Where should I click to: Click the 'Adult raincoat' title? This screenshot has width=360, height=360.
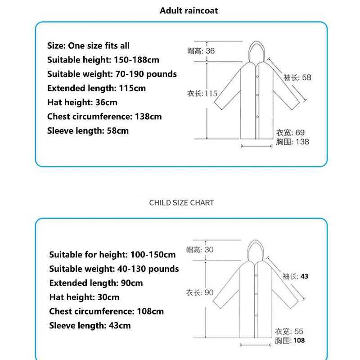189,10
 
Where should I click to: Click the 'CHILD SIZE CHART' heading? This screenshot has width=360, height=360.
181,202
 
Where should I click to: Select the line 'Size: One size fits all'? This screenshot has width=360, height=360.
88,45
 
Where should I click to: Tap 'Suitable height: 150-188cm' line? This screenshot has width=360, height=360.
103,59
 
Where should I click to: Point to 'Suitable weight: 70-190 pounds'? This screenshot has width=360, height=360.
112,74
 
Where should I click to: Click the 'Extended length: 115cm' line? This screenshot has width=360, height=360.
96,88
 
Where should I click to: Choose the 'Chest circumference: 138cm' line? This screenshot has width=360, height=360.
104,117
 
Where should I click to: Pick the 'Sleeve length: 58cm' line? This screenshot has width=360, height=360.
88,131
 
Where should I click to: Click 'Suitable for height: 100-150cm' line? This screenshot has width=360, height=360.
112,255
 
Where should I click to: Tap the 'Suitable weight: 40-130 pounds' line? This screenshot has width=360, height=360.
114,269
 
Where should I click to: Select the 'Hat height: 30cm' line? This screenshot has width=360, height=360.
84,297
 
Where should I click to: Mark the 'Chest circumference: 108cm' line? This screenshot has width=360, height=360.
106,311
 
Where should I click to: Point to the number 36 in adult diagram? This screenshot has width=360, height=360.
210,51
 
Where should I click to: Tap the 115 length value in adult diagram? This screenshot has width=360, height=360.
211,94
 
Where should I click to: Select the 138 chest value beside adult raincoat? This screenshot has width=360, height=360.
302,142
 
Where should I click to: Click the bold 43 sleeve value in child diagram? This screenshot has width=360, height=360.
304,276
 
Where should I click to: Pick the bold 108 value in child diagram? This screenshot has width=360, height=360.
299,341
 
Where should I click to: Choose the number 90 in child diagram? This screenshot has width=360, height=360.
209,292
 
